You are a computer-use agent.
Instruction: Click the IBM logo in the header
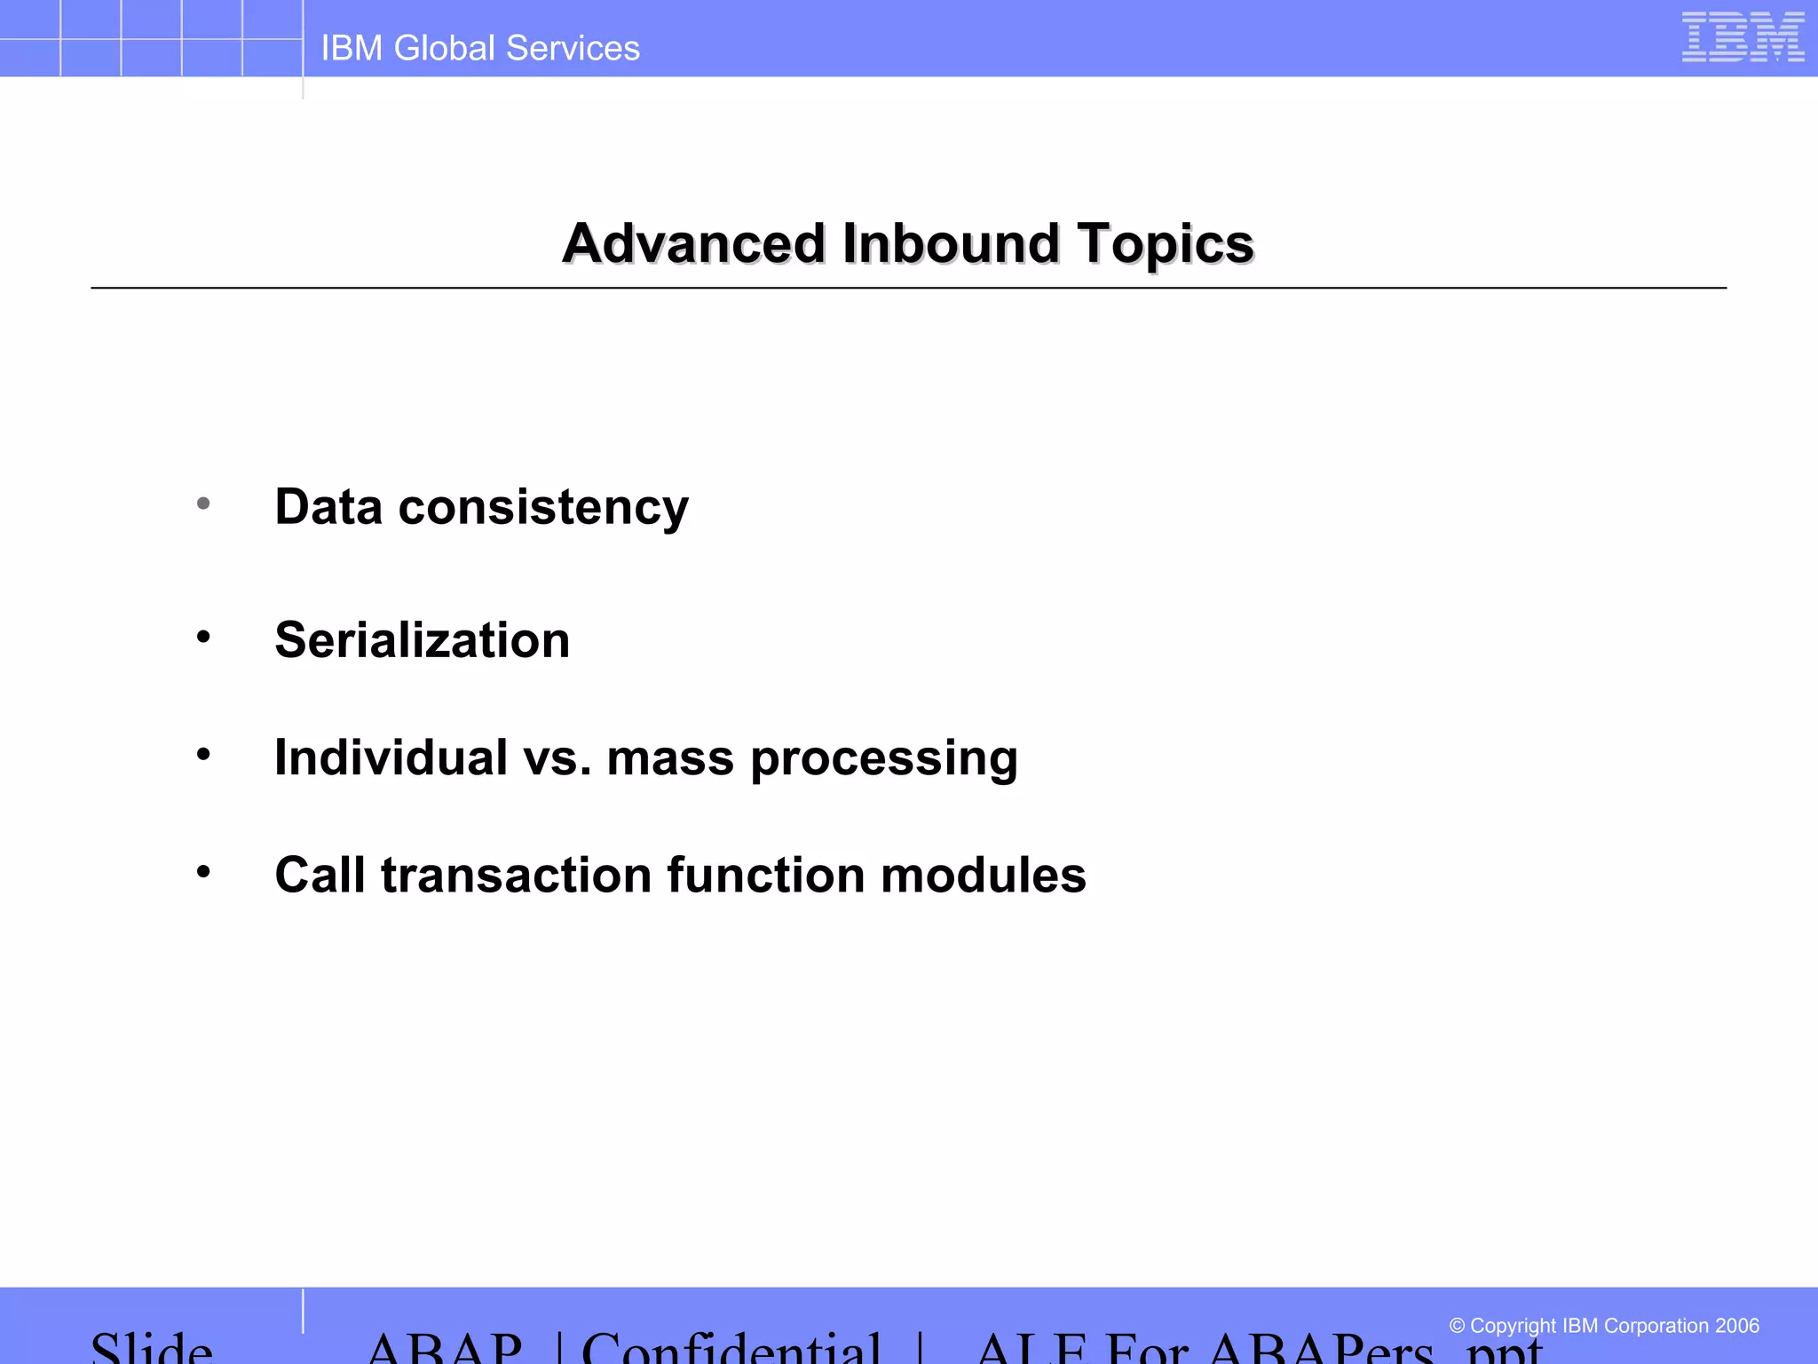click(1743, 37)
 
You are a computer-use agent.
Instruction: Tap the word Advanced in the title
click(694, 243)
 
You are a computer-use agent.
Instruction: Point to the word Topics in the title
click(1165, 245)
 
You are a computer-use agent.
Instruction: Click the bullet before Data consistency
click(203, 504)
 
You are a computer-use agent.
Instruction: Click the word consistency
click(543, 508)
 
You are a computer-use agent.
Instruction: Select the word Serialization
click(422, 639)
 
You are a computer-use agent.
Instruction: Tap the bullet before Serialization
click(203, 637)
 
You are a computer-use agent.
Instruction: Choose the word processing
click(884, 760)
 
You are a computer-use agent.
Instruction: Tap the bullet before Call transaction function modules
click(203, 872)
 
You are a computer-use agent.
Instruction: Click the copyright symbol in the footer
click(1457, 1326)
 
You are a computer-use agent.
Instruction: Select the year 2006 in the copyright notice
click(1736, 1326)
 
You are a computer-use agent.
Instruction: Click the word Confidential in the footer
click(731, 1348)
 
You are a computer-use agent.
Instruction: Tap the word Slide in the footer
click(152, 1348)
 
